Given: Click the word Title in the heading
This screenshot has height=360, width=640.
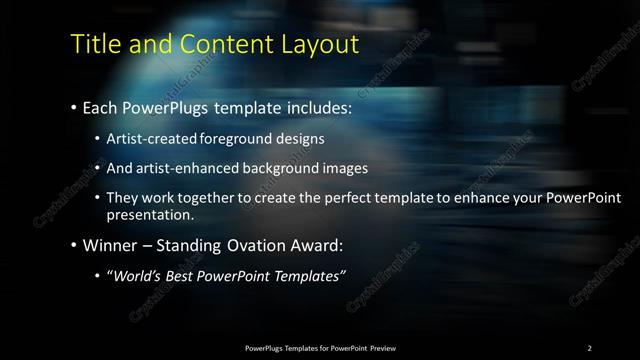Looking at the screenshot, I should click(x=96, y=45).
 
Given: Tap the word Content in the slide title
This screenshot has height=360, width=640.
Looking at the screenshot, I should click(x=220, y=45).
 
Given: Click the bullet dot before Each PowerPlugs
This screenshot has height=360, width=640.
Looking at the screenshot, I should click(x=74, y=106).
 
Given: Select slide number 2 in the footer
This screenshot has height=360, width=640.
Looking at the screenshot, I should click(x=590, y=347).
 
